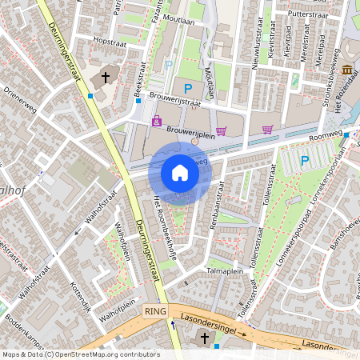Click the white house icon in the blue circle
[x=180, y=173]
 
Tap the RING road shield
[x=154, y=310]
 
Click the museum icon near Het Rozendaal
[x=347, y=71]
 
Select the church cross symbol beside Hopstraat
[x=106, y=78]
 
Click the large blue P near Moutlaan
[x=189, y=89]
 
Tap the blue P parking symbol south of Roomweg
[x=304, y=161]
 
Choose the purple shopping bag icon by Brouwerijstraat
[x=157, y=122]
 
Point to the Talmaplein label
[x=225, y=271]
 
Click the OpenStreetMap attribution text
[x=80, y=354]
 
